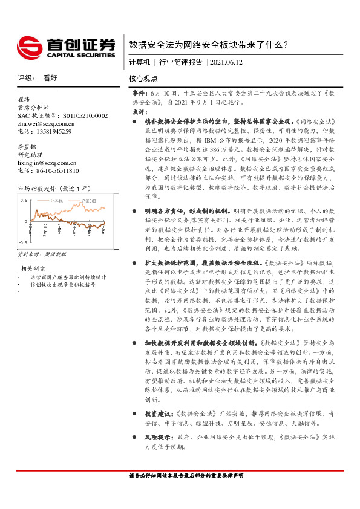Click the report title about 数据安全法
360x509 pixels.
208,44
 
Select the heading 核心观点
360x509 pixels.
143,79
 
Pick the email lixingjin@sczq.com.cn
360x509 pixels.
47,163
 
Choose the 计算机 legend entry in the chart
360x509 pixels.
56,201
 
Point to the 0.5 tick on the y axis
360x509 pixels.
24,199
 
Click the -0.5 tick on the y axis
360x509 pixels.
22,241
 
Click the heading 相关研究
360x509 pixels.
34,268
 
